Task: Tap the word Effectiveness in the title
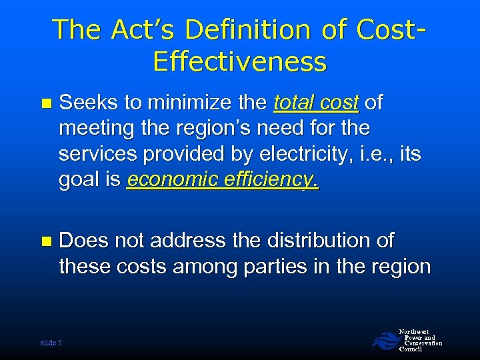[x=239, y=61]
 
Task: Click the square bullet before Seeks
[x=45, y=103]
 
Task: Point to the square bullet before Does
[x=45, y=241]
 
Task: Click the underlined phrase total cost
[x=317, y=103]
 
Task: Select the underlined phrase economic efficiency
[x=223, y=180]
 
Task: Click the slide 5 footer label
[x=51, y=342]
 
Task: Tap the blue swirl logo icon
[x=383, y=340]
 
